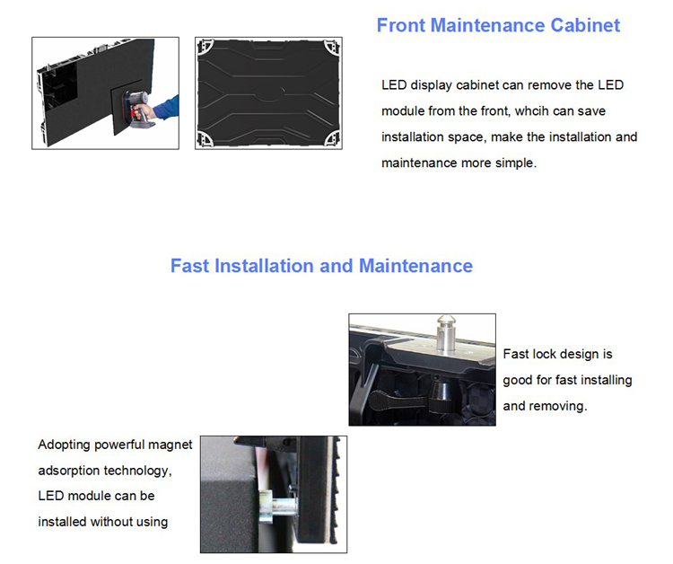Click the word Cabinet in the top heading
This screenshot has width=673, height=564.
(x=585, y=25)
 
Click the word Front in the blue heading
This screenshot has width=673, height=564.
(x=401, y=25)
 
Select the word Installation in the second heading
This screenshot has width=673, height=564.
(x=265, y=266)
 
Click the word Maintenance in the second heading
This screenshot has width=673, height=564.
(x=415, y=266)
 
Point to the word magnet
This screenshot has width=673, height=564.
(x=170, y=445)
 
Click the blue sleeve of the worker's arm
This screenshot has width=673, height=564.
(x=166, y=108)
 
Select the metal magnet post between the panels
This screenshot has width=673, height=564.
(x=278, y=507)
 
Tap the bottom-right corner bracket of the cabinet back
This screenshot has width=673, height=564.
(x=333, y=139)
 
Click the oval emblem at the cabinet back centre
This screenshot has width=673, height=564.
(x=268, y=92)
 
